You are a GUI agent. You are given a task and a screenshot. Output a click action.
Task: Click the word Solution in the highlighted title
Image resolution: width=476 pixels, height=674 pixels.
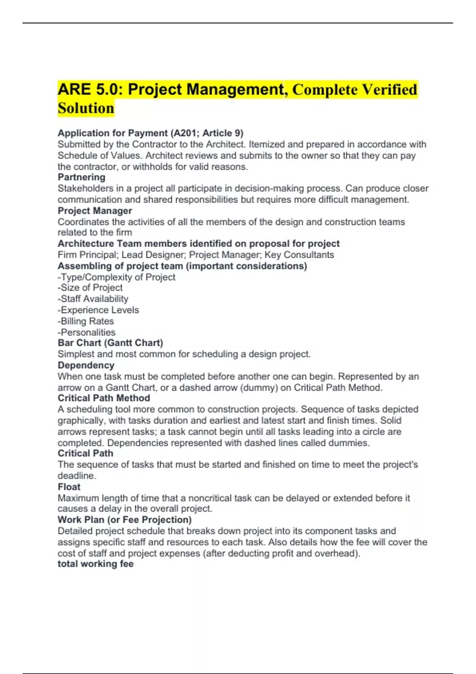[x=86, y=108]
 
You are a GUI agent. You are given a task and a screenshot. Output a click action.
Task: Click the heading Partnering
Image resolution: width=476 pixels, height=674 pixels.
[x=81, y=177]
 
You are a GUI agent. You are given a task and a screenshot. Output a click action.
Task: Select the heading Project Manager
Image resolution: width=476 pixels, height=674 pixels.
[x=95, y=211]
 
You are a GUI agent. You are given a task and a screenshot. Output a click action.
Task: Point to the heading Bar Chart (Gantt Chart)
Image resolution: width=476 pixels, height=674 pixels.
[x=110, y=343]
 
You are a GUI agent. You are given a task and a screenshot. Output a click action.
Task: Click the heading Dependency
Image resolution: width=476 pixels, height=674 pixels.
[x=86, y=365]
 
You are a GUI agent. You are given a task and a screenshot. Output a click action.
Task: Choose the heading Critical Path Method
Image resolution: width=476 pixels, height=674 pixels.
[x=104, y=398]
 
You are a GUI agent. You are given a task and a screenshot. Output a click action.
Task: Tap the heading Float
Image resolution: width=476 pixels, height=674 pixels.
[x=69, y=487]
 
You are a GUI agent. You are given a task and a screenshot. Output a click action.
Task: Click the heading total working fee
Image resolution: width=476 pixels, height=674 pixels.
[x=95, y=564]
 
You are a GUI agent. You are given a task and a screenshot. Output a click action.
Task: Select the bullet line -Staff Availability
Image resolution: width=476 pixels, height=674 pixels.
[x=93, y=299]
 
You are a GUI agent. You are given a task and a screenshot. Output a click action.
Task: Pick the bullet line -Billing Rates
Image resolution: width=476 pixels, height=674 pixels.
[x=86, y=321]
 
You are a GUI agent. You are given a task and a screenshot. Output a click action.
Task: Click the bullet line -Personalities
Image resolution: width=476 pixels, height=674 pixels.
[x=86, y=332]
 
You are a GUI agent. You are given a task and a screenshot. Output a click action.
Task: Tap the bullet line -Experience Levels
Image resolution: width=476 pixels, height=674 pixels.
[x=98, y=310]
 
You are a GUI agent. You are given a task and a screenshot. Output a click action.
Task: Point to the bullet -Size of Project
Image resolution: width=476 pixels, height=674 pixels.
[x=90, y=288]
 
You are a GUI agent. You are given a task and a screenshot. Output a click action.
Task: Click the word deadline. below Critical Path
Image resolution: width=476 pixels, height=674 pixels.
[x=77, y=476]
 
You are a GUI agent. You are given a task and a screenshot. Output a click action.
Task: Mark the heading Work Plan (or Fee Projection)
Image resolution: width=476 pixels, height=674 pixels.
[x=125, y=520]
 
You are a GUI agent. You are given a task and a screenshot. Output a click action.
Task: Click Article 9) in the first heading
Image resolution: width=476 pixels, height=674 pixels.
[x=223, y=133]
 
